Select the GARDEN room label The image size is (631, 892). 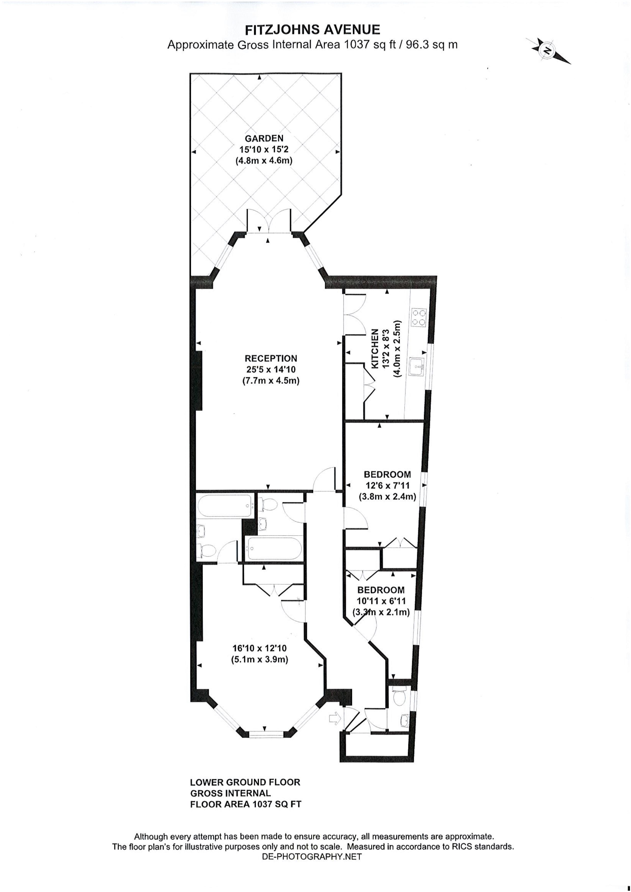pos(264,138)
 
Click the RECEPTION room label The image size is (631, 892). pos(271,358)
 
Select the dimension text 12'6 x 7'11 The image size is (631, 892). pos(387,486)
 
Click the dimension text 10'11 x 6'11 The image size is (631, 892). pos(381,601)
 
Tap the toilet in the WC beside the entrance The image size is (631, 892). pos(399,697)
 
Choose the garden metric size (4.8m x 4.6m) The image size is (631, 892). pos(264,160)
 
